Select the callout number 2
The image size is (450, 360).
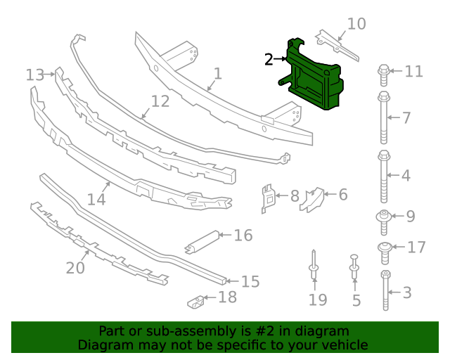pos(269,60)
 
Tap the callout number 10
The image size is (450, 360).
pos(356,24)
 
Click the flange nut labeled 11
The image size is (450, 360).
pos(384,71)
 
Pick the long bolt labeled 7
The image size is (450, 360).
pos(384,116)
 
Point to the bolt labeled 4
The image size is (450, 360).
pos(384,175)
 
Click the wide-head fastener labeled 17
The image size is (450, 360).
pos(385,248)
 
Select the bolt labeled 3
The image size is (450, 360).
pos(385,290)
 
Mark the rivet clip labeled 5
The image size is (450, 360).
pos(354,268)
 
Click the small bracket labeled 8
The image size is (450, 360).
pos(267,197)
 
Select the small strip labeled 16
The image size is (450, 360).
pos(203,240)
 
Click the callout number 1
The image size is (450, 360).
pos(218,74)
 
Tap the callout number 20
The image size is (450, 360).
pos(75,268)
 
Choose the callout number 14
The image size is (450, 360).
pos(96,199)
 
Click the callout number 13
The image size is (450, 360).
pos(34,75)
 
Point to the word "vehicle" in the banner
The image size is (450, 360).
pos(344,345)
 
